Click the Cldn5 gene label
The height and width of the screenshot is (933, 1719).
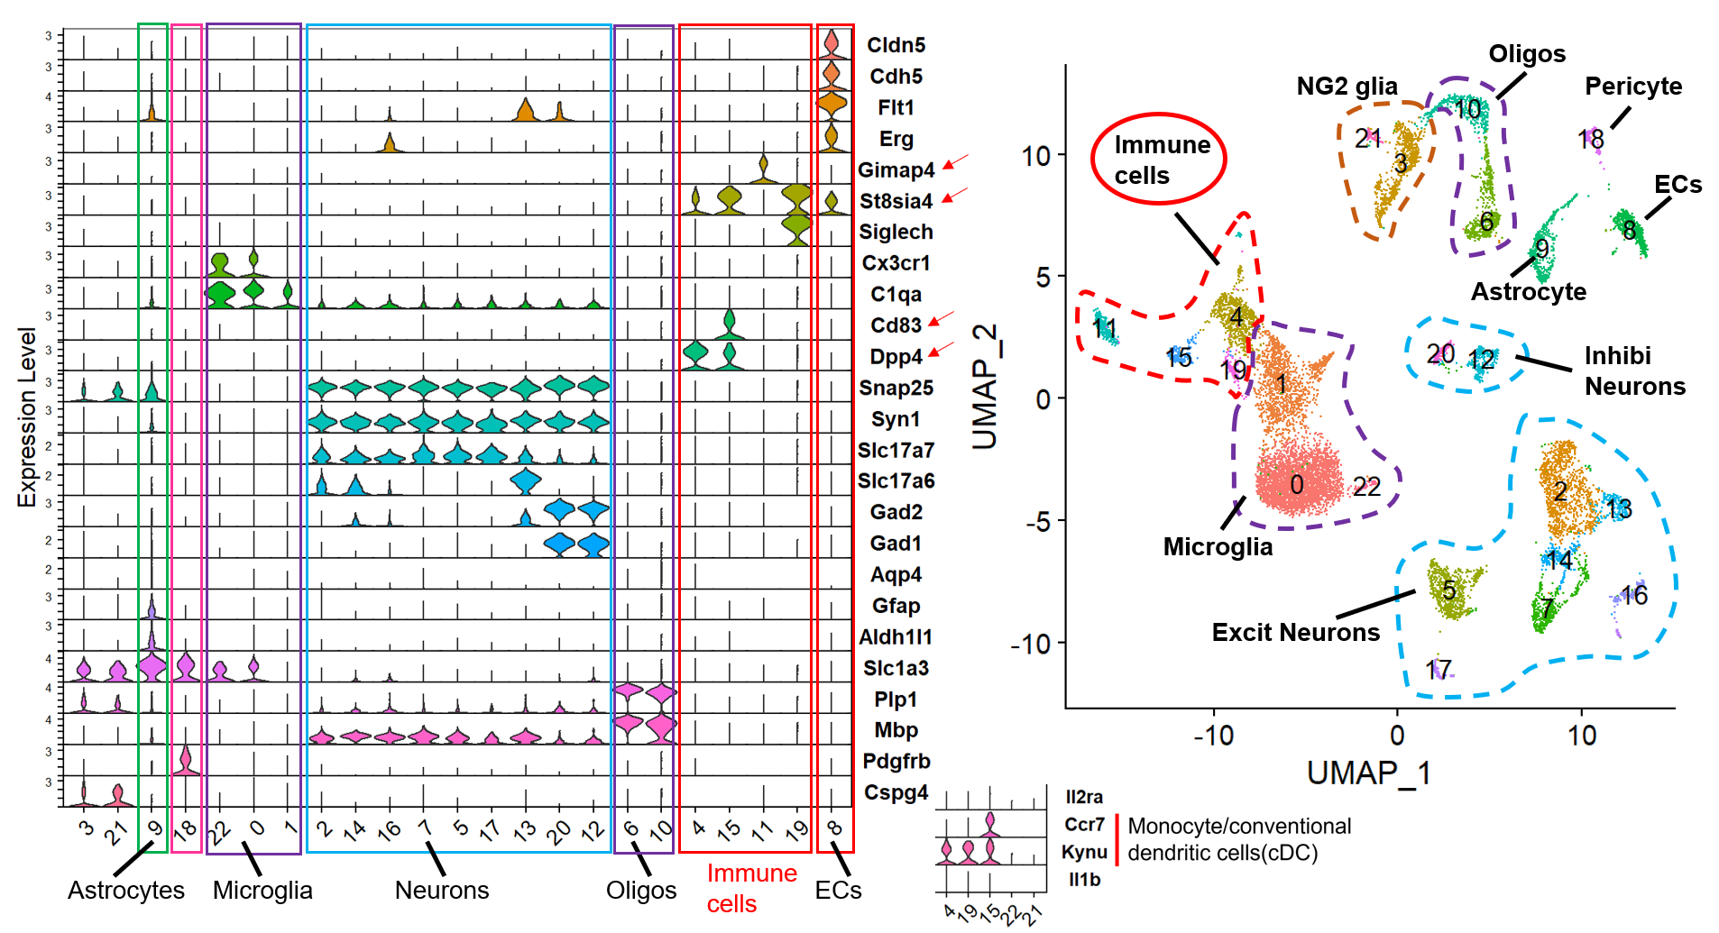(x=896, y=45)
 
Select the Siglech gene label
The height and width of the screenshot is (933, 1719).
(x=895, y=233)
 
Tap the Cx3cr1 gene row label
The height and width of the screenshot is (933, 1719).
(x=895, y=263)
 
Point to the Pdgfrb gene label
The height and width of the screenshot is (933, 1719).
(x=896, y=762)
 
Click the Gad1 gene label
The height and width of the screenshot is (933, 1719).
(x=896, y=544)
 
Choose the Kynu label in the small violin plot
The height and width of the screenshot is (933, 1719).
(x=1084, y=853)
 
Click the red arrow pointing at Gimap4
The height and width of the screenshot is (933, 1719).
(x=955, y=163)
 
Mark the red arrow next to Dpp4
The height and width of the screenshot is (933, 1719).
(x=941, y=349)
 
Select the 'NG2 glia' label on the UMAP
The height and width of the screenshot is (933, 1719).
(x=1347, y=87)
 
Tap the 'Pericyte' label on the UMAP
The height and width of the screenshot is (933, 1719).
(x=1633, y=87)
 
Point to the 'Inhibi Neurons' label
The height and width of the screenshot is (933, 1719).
(x=1634, y=371)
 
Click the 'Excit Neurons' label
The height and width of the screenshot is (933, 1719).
(x=1295, y=633)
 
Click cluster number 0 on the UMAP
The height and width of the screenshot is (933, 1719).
(x=1296, y=485)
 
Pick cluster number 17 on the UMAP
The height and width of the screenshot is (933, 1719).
(x=1439, y=669)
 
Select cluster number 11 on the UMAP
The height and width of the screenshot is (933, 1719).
(x=1104, y=329)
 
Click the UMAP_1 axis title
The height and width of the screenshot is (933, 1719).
(x=1368, y=773)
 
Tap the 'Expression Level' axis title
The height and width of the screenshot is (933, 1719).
(x=27, y=417)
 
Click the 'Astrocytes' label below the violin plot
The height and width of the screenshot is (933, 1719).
(x=125, y=891)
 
